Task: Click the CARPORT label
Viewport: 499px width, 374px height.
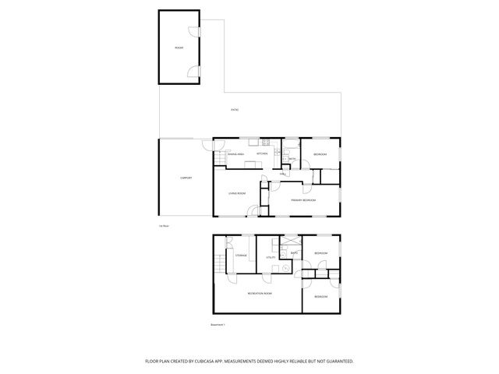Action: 186,178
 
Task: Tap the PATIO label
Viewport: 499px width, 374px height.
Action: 235,110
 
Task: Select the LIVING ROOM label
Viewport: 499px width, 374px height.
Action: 237,193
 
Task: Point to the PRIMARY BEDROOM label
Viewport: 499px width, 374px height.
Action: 303,200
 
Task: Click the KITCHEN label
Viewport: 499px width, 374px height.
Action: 262,153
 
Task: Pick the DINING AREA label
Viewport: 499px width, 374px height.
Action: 236,153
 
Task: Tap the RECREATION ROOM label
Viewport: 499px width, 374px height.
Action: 260,293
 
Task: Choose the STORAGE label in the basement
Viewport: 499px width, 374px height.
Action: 241,256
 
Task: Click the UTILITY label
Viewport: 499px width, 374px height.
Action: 271,256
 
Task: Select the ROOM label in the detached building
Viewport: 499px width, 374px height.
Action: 179,48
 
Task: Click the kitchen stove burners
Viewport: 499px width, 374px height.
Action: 266,142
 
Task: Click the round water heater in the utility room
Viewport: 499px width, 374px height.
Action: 285,268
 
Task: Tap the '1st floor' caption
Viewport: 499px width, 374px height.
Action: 164,226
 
